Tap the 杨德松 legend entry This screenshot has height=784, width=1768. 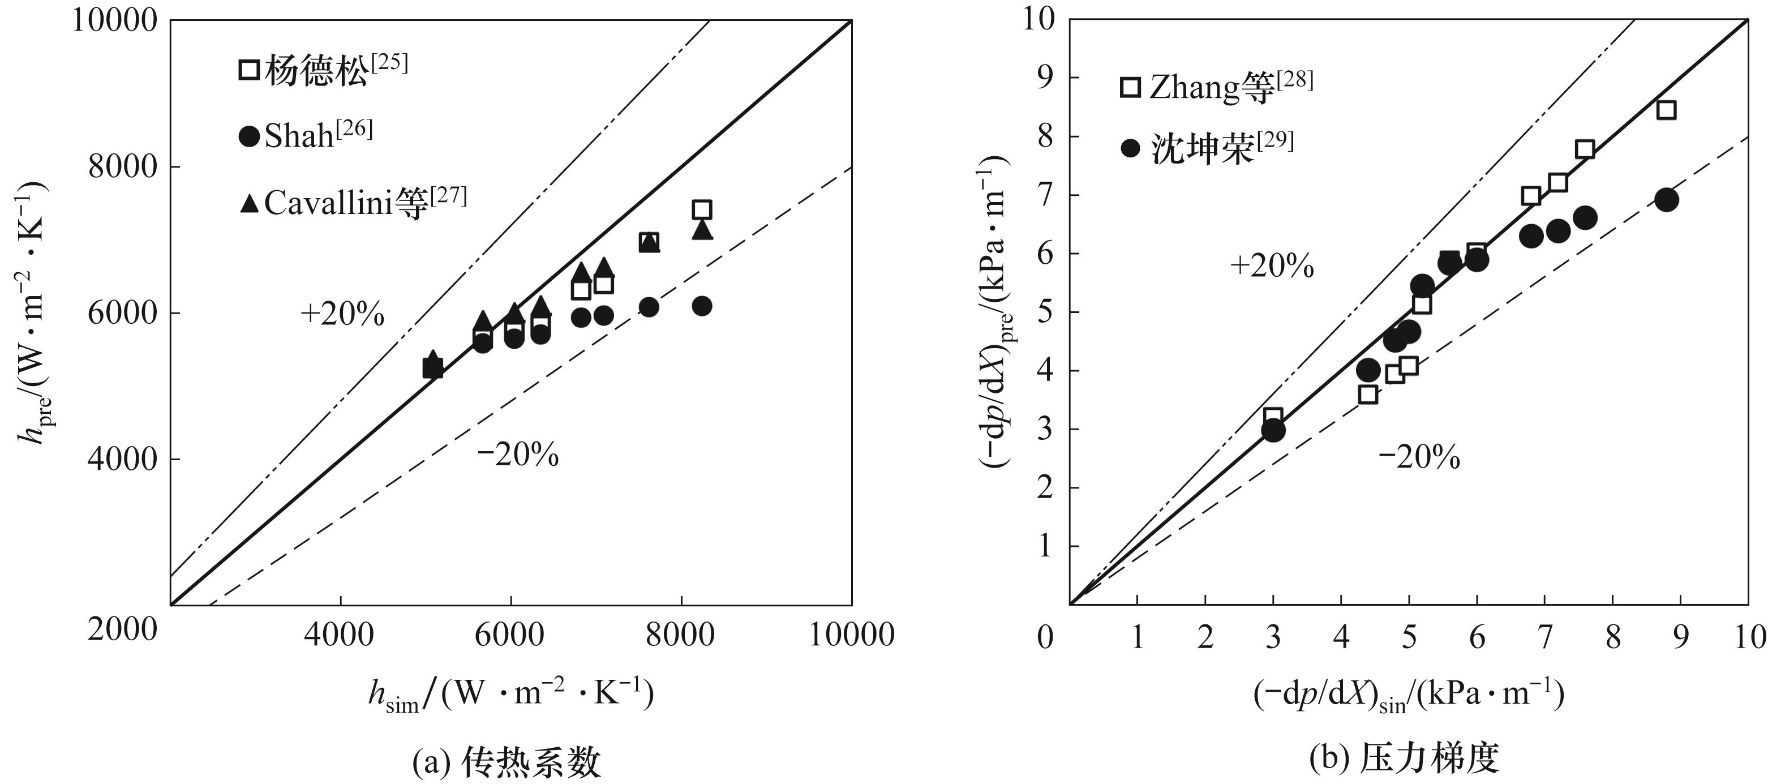(323, 69)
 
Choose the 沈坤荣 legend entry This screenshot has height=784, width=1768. (1207, 148)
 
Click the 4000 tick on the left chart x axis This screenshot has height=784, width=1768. (341, 635)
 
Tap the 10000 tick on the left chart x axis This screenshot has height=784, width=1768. (852, 635)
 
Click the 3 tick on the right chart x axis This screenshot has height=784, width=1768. (1273, 637)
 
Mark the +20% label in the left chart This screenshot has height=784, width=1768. (342, 314)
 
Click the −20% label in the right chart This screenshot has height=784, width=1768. (1419, 457)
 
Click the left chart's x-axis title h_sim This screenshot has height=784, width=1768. (510, 695)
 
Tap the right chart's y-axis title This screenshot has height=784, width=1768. (996, 312)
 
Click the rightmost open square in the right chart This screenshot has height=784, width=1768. (1666, 110)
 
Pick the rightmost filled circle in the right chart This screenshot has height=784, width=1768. (1666, 200)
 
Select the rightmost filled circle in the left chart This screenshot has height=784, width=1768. (701, 306)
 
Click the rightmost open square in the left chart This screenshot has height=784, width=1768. (701, 209)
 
